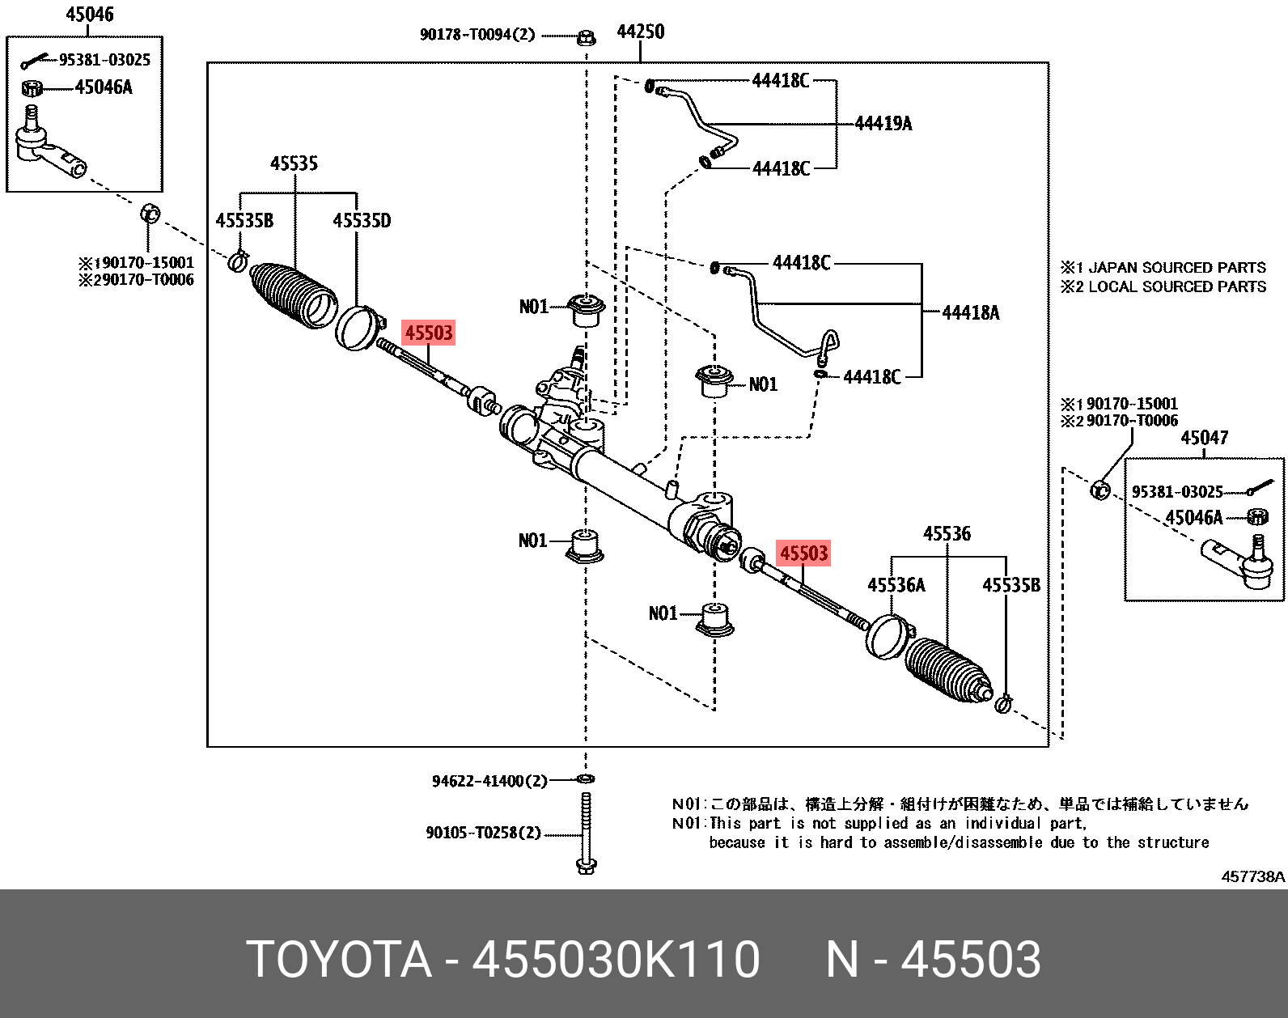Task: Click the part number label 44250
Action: coord(640,32)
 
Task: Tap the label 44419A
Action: coord(883,124)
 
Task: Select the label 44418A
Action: coord(970,313)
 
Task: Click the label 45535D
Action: coord(362,221)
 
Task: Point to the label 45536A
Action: coord(896,585)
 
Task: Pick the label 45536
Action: coord(947,534)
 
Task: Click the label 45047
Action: coord(1204,438)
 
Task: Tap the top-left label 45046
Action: coord(90,15)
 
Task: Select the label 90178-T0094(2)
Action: coord(477,35)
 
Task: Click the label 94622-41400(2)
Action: coord(489,781)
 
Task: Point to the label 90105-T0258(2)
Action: coord(483,833)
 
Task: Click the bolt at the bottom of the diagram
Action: coord(587,833)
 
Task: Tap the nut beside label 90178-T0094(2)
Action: coord(587,37)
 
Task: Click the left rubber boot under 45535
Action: coord(293,295)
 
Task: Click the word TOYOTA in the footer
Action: coord(339,960)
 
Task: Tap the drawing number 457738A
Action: coord(1252,876)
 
